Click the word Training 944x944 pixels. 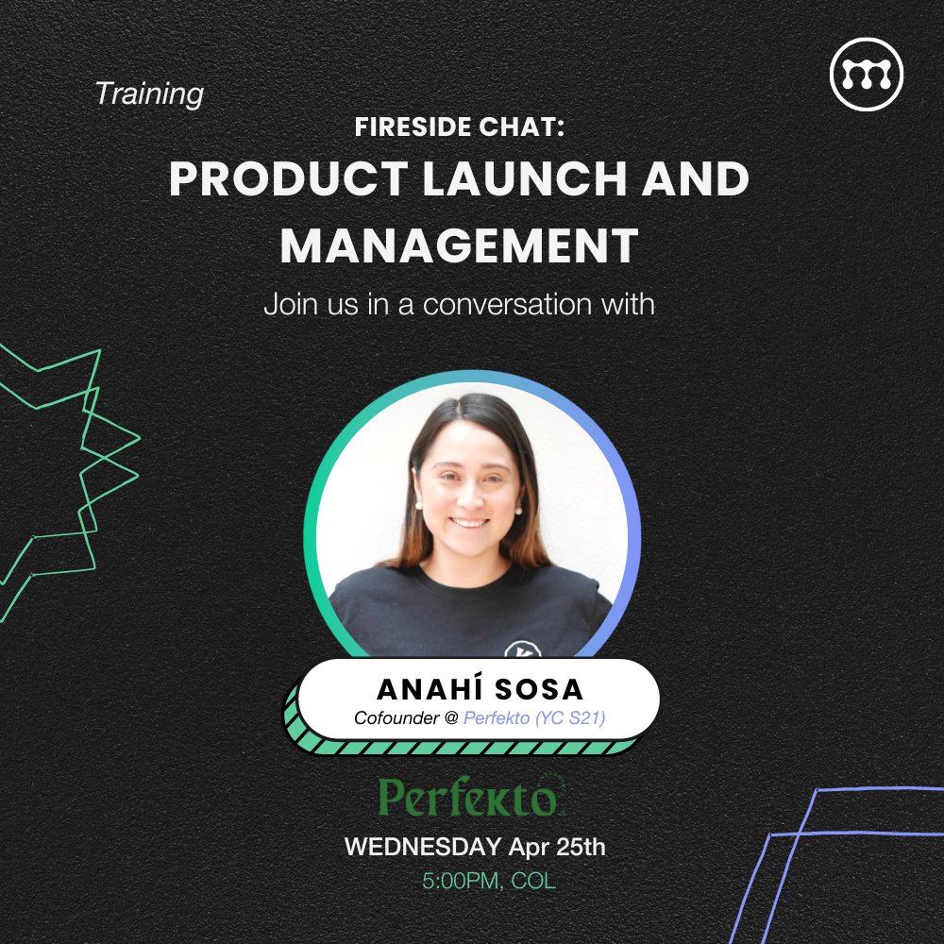[149, 94]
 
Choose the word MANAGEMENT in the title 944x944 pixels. [459, 244]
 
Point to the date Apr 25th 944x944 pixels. [557, 847]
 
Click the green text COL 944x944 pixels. [533, 882]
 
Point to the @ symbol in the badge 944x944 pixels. [451, 718]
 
